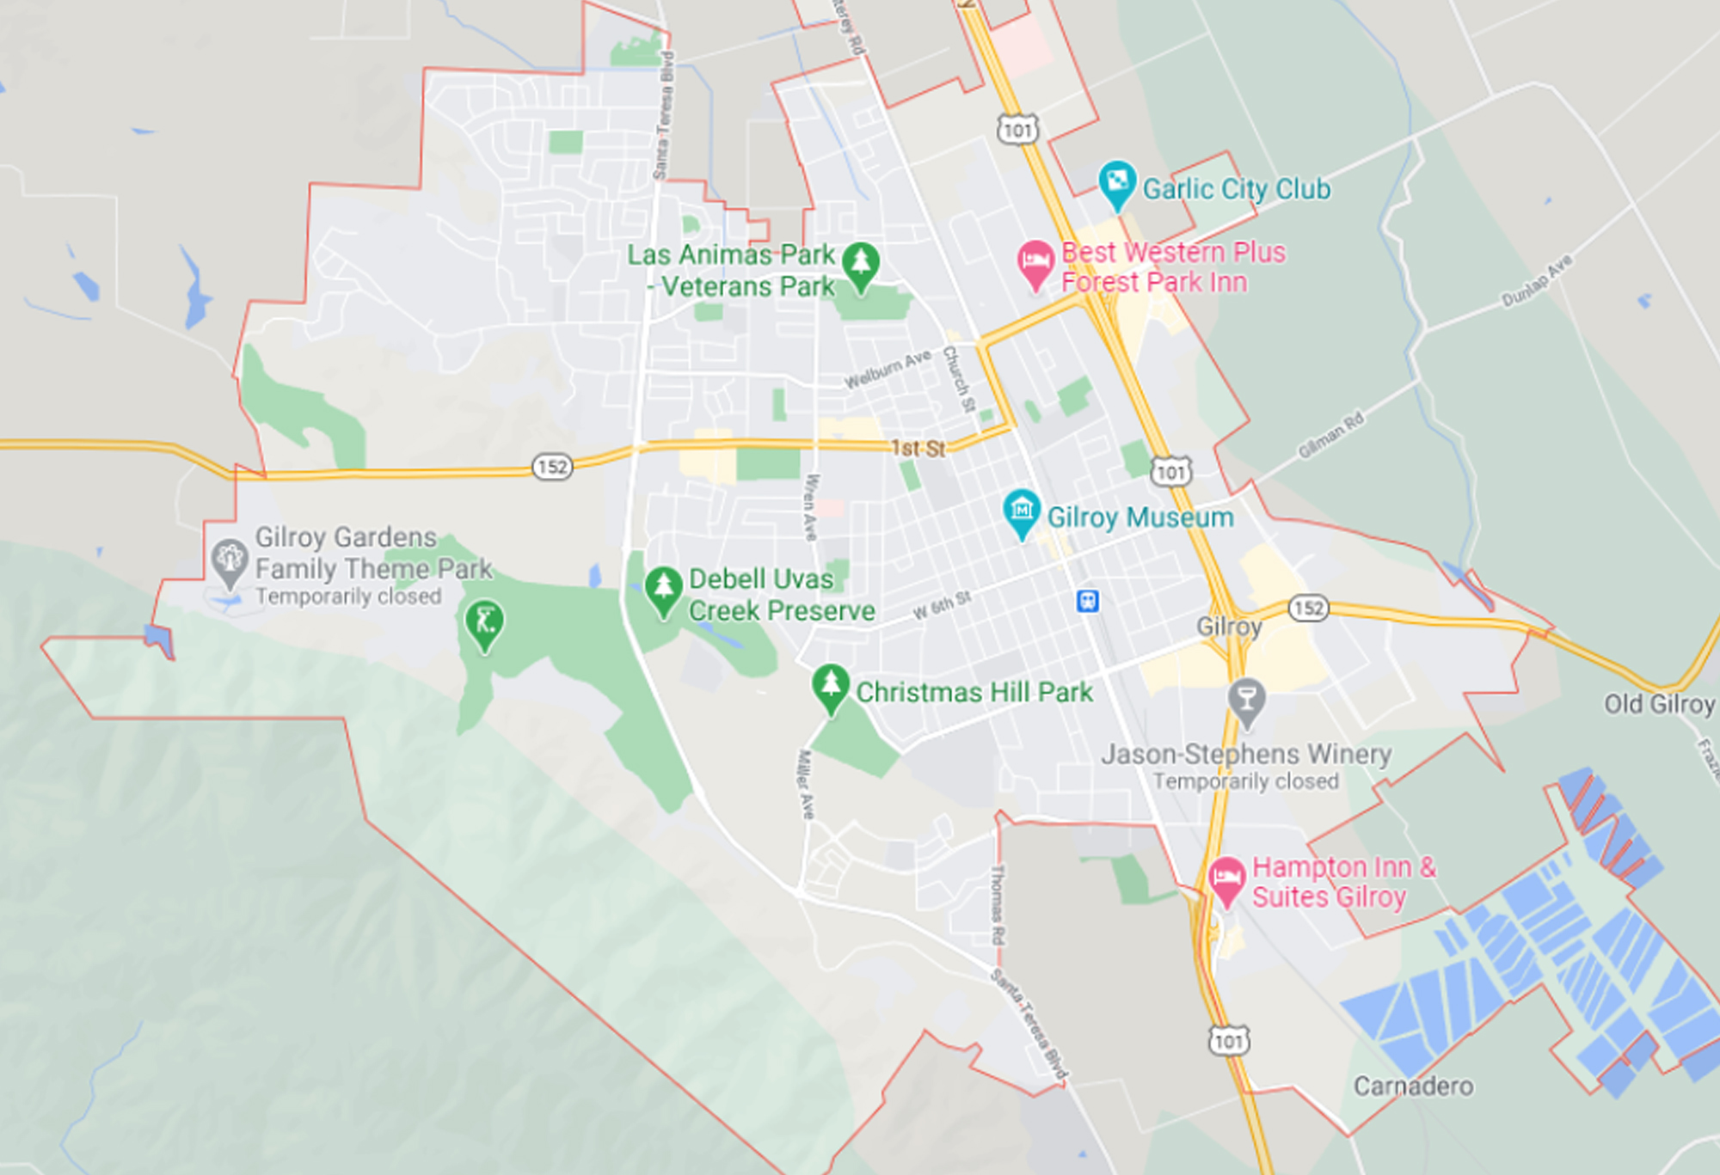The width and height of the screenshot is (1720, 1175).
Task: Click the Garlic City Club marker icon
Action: [x=1117, y=183]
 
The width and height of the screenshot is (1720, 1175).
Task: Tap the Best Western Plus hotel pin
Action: [x=1035, y=263]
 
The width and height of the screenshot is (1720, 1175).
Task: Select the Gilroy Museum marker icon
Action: [x=1022, y=512]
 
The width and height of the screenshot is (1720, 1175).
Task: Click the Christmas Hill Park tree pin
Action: [x=831, y=688]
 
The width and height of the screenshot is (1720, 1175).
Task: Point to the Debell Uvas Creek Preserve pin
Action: [x=663, y=590]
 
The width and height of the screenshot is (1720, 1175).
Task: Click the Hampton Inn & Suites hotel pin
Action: [x=1226, y=879]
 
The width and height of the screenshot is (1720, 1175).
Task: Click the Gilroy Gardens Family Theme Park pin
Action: [x=230, y=561]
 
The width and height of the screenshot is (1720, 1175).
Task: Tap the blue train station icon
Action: [x=1088, y=600]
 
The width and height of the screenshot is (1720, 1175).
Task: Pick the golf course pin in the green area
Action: [x=484, y=623]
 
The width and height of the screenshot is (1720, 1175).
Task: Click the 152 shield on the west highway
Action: [x=552, y=467]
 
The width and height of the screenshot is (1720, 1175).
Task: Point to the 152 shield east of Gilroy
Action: [x=1308, y=609]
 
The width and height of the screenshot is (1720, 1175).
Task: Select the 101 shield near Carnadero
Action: [x=1229, y=1041]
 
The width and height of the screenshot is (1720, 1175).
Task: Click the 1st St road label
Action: [x=918, y=448]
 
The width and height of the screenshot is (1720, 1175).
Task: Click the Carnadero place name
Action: [x=1413, y=1086]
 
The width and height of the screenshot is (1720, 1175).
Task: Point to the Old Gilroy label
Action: [x=1659, y=704]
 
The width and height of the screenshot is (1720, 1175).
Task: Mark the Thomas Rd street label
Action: [x=998, y=904]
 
